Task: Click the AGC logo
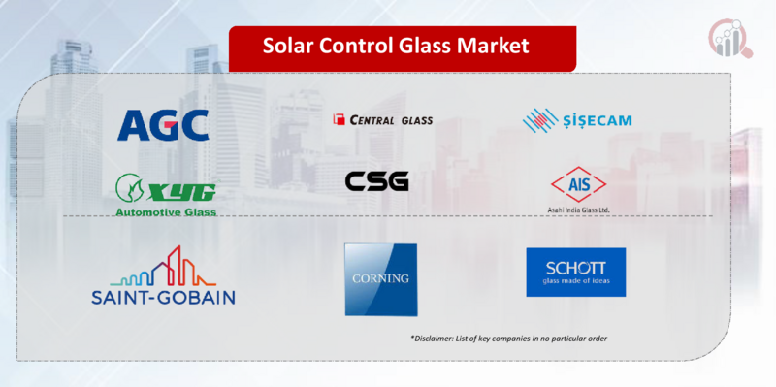(163, 124)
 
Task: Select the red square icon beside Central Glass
(339, 120)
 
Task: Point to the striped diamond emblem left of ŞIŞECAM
(540, 120)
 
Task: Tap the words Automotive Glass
(165, 210)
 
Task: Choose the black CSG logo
(376, 181)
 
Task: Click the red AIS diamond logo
(577, 184)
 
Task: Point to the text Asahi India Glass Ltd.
(578, 210)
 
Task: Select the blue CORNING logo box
(380, 279)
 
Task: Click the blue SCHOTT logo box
(575, 272)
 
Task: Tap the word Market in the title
(497, 45)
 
